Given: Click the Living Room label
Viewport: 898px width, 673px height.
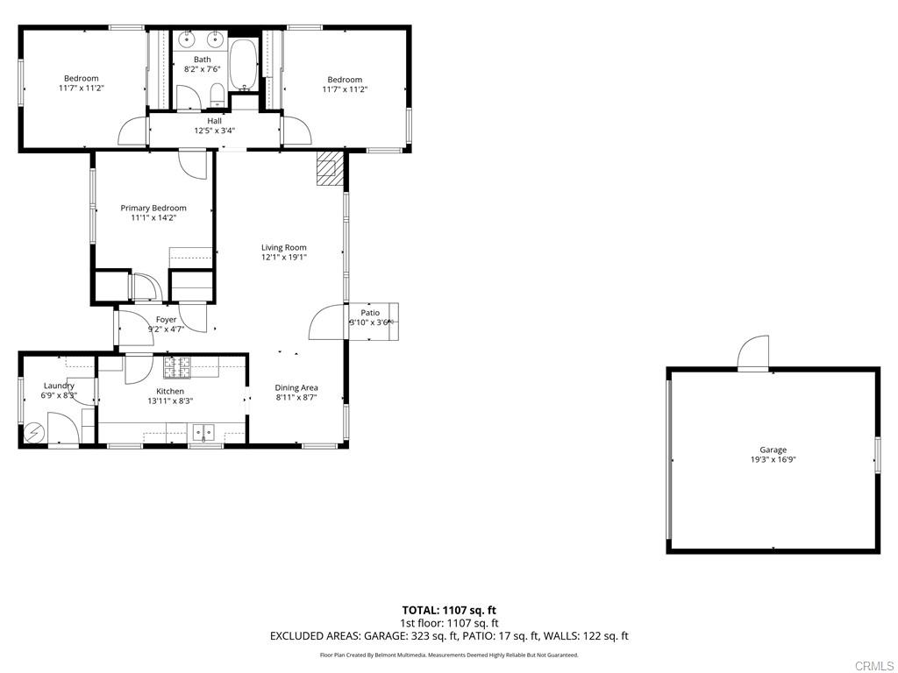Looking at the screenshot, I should click(283, 247).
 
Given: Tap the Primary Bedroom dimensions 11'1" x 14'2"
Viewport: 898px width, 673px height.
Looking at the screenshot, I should click(153, 218).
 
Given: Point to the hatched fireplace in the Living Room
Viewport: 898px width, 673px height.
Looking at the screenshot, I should click(329, 168).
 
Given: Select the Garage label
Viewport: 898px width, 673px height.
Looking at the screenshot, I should click(773, 450).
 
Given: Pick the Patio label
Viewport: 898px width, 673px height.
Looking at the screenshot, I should click(370, 312).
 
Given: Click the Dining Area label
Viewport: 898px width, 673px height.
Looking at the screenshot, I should click(296, 387).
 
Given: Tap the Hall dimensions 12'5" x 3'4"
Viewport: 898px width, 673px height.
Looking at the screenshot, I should click(214, 131).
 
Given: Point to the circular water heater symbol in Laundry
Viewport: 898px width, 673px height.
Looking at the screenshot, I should click(34, 432).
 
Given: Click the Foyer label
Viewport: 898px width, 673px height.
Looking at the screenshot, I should click(166, 320).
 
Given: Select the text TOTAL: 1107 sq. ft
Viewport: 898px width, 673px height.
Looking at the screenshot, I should click(449, 610).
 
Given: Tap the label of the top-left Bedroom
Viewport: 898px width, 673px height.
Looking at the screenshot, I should click(82, 79).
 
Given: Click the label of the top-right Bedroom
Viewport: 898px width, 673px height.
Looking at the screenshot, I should click(345, 79).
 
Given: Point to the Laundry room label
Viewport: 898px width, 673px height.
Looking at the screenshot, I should click(59, 386).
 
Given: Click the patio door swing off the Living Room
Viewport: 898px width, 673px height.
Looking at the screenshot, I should click(327, 322).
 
